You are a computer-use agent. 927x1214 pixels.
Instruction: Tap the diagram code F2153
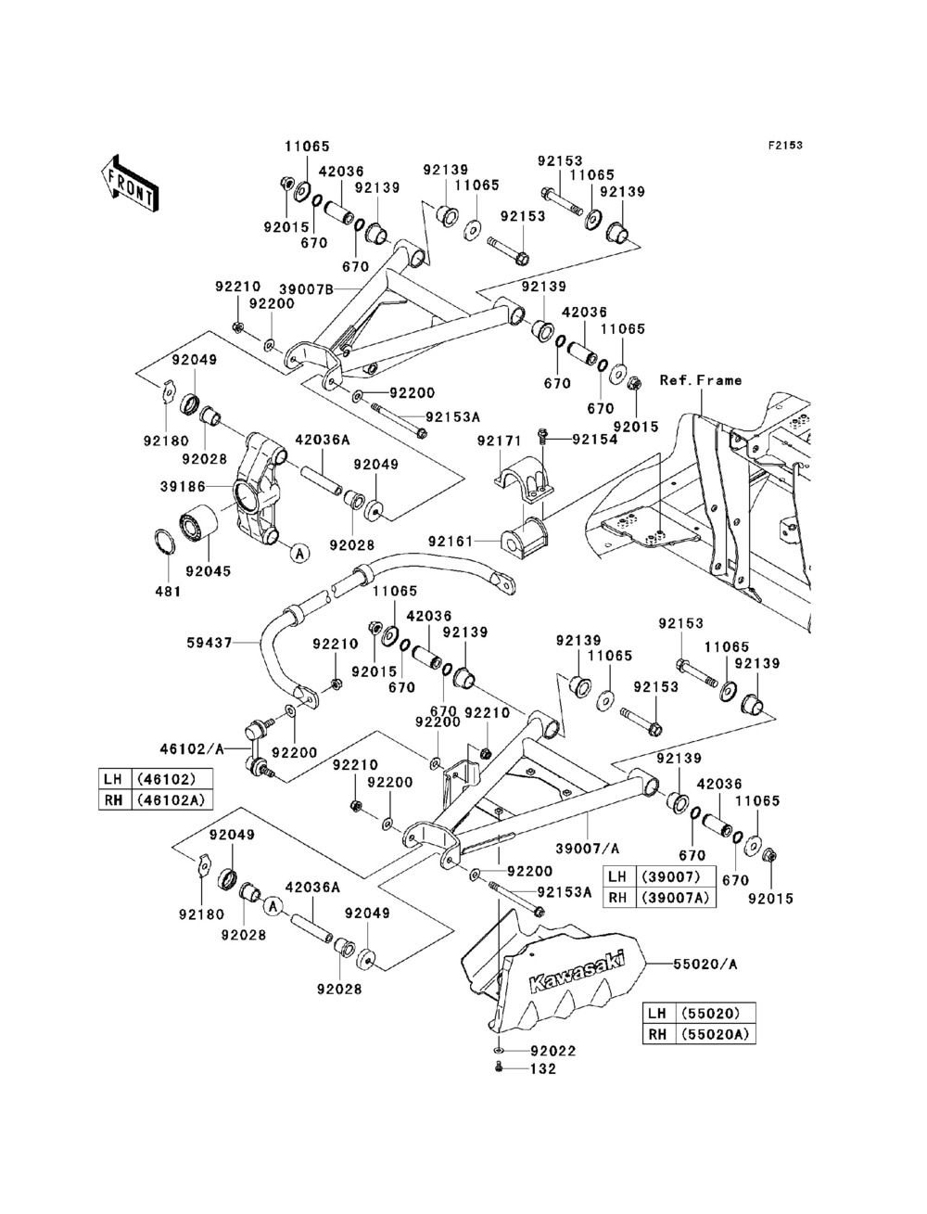click(785, 146)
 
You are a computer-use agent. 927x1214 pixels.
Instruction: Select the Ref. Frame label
click(701, 380)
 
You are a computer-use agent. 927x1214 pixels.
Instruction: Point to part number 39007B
click(306, 288)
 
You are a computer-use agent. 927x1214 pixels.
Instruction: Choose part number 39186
click(183, 487)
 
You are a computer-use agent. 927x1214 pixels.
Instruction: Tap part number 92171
click(500, 441)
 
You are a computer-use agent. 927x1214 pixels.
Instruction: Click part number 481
click(168, 592)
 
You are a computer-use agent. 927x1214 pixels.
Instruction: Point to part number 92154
click(595, 440)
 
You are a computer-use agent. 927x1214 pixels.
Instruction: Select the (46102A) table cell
click(171, 800)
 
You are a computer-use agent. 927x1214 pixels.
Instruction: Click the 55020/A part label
click(705, 965)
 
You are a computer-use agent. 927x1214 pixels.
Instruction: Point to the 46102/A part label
click(192, 749)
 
